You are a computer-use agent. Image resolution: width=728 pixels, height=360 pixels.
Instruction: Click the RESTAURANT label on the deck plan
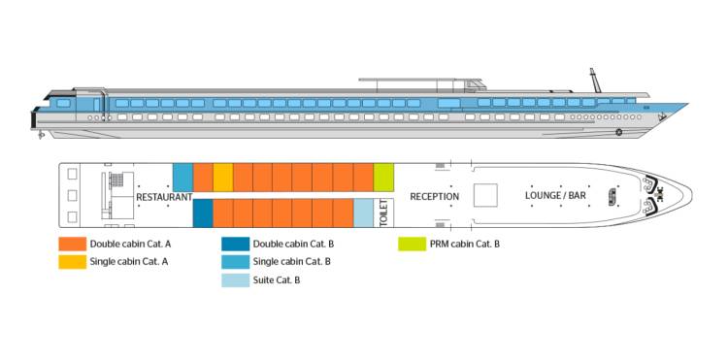pyautogui.click(x=164, y=197)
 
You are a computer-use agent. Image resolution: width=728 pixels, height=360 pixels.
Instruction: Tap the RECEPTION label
pyautogui.click(x=434, y=197)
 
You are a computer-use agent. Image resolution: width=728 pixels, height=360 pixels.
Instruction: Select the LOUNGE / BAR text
pyautogui.click(x=555, y=196)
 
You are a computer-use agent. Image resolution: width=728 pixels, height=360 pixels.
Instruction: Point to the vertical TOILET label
pyautogui.click(x=383, y=213)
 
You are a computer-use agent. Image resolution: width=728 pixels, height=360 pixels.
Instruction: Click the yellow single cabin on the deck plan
pyautogui.click(x=223, y=178)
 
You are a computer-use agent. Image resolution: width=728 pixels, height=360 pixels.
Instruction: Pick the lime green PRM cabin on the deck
pyautogui.click(x=383, y=177)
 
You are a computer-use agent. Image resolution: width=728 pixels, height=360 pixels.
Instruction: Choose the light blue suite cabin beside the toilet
pyautogui.click(x=363, y=213)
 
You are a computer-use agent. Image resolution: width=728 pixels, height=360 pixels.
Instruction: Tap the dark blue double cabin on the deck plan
pyautogui.click(x=203, y=213)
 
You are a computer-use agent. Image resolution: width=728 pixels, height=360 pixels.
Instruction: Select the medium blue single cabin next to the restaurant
pyautogui.click(x=182, y=178)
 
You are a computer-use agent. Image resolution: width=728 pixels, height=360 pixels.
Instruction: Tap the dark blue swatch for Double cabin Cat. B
pyautogui.click(x=234, y=245)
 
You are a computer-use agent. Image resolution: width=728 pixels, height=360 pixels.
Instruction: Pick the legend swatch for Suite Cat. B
pyautogui.click(x=234, y=279)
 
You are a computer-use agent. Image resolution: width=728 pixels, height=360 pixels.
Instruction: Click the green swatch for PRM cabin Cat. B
pyautogui.click(x=411, y=245)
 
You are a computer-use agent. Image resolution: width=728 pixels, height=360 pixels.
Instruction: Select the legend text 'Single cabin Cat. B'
pyautogui.click(x=291, y=262)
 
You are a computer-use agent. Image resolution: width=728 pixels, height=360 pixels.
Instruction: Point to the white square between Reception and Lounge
pyautogui.click(x=486, y=194)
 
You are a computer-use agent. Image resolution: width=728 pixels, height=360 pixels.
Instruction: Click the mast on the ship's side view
pyautogui.click(x=594, y=81)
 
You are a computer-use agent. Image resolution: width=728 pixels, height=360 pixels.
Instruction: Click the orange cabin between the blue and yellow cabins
pyautogui.click(x=203, y=178)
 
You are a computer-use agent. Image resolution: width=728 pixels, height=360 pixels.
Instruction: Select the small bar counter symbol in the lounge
pyautogui.click(x=612, y=195)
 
